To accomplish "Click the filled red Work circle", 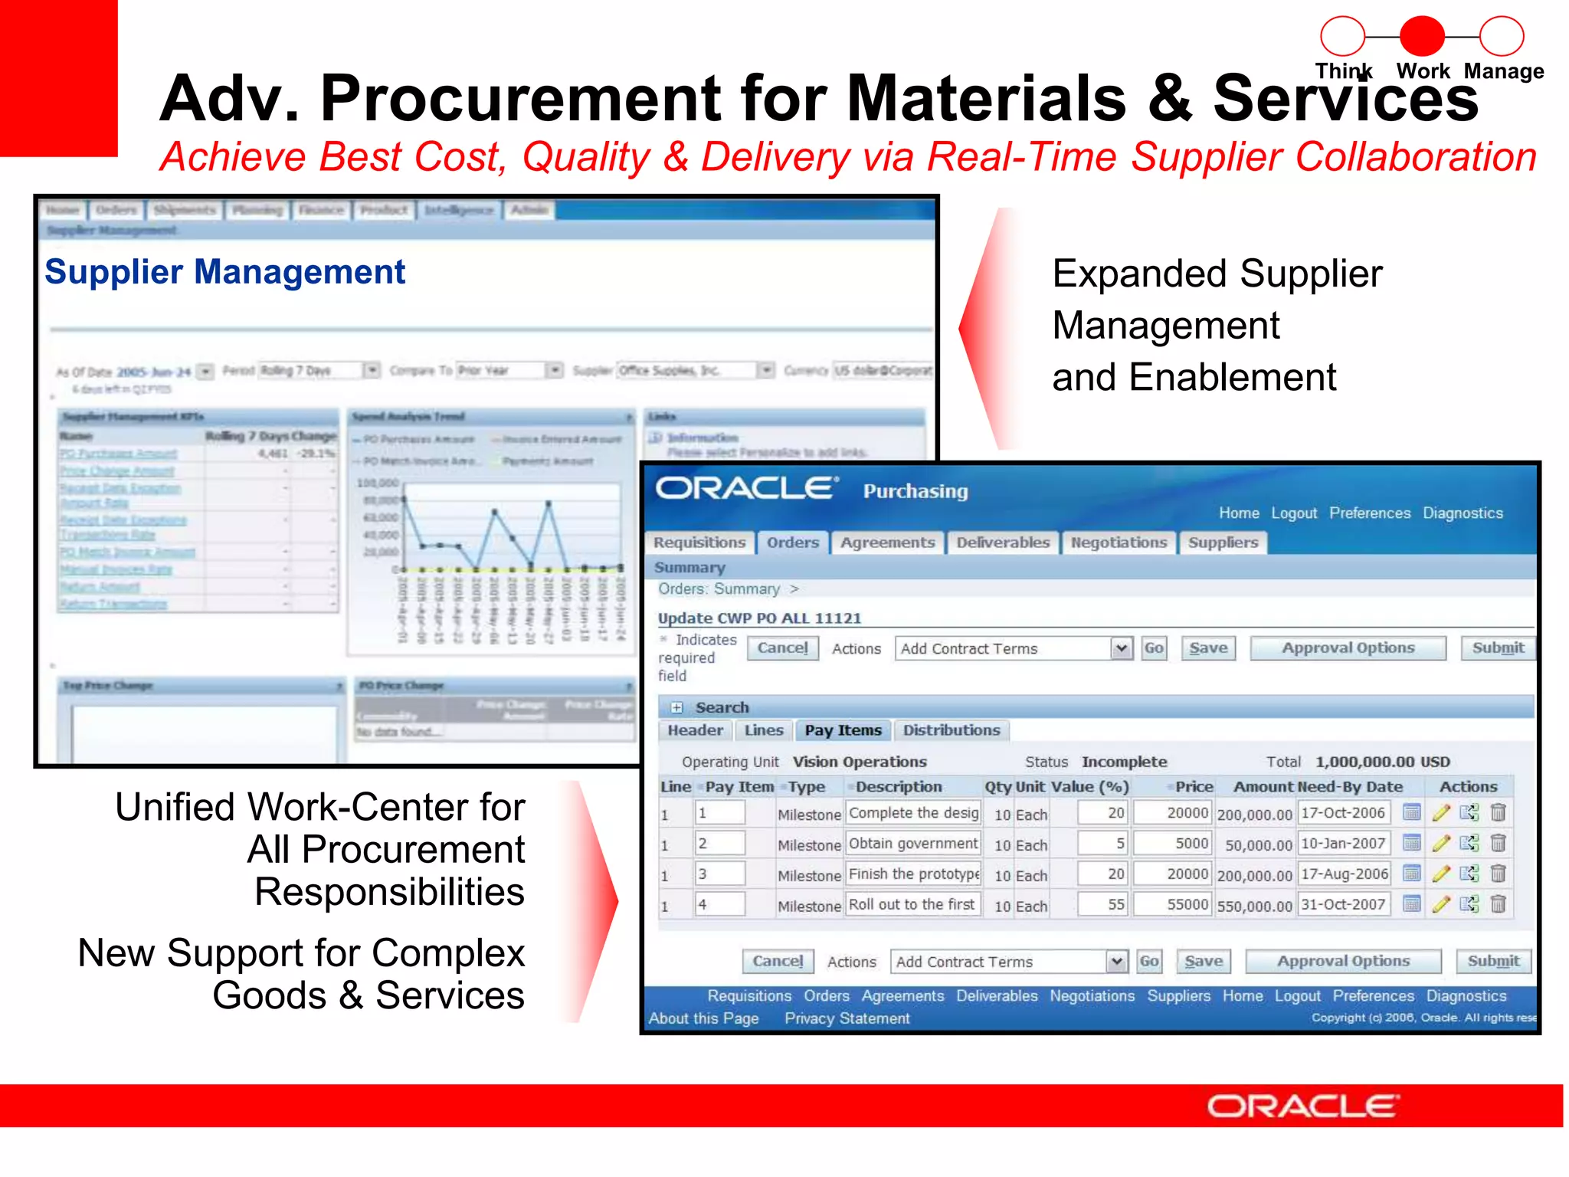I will [x=1422, y=36].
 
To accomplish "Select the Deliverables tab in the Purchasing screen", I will [x=1002, y=543].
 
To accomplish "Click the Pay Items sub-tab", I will [x=843, y=730].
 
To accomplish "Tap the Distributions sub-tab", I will [x=951, y=730].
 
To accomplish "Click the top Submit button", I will [x=1497, y=648].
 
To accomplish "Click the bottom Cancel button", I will [x=777, y=961].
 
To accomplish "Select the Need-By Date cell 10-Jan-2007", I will [x=1343, y=844].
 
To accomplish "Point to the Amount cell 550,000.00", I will [x=1254, y=907].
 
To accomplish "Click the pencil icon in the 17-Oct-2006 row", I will [x=1440, y=813].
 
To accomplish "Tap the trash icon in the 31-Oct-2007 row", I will [x=1499, y=904].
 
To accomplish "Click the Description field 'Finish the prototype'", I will [x=913, y=874].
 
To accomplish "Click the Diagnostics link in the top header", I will [x=1463, y=513].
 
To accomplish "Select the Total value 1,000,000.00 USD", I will [x=1382, y=762].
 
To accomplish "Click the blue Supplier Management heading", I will [x=224, y=272].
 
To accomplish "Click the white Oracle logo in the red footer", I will [x=1302, y=1106].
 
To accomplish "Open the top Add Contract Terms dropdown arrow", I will [x=1121, y=649].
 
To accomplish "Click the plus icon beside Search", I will [x=676, y=708].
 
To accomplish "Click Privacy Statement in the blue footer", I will [x=847, y=1018].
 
